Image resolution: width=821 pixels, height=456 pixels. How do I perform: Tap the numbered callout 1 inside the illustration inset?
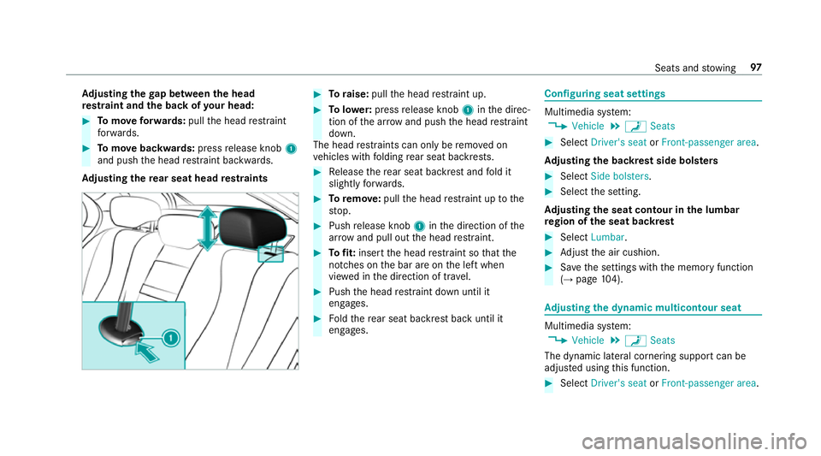coord(171,339)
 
